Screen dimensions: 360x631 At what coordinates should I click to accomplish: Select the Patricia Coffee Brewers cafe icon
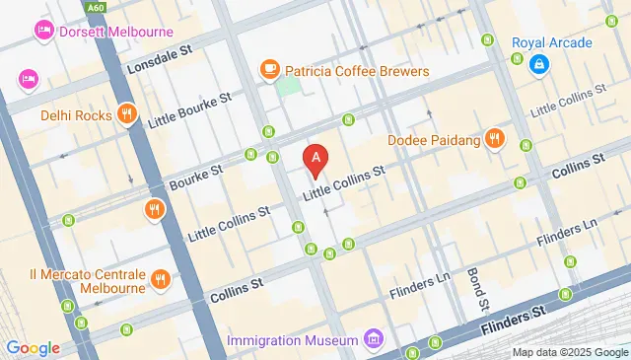pyautogui.click(x=268, y=70)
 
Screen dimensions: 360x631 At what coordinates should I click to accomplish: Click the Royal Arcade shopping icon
pyautogui.click(x=538, y=65)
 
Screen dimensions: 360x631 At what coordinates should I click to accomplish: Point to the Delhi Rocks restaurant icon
pyautogui.click(x=126, y=114)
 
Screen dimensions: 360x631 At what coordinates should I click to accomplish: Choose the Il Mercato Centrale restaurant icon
pyautogui.click(x=160, y=280)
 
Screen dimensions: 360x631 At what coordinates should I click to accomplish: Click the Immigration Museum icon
pyautogui.click(x=373, y=340)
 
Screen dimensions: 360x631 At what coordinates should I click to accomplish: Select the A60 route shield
pyautogui.click(x=95, y=8)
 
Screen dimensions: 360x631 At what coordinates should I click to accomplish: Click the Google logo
pyautogui.click(x=33, y=347)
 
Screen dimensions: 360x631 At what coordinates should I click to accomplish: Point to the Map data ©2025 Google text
pyautogui.click(x=569, y=352)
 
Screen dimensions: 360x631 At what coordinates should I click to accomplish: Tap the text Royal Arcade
pyautogui.click(x=552, y=42)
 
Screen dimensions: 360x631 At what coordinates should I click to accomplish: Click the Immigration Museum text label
pyautogui.click(x=291, y=340)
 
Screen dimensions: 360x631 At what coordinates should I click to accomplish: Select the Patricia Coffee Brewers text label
pyautogui.click(x=357, y=71)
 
